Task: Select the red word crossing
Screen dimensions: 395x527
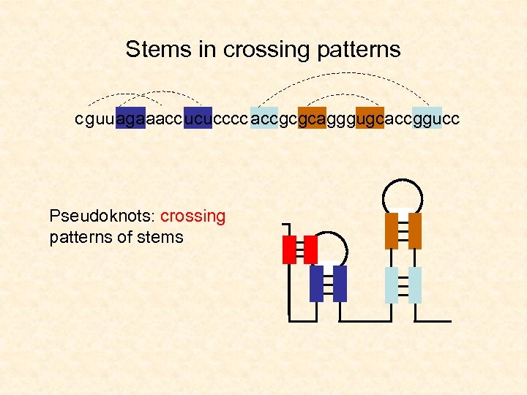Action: point(193,217)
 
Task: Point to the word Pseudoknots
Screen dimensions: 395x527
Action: point(102,217)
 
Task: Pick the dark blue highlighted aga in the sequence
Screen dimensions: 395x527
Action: point(130,118)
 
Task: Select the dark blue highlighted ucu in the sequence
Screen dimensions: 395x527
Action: point(198,118)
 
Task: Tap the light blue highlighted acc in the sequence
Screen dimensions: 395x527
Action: point(264,118)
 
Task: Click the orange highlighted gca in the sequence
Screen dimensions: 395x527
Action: point(313,118)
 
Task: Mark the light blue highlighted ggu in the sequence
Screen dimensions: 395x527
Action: point(427,118)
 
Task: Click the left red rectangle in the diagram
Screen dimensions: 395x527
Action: point(289,249)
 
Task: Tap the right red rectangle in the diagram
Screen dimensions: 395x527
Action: point(310,249)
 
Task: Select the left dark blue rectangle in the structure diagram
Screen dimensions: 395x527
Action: point(316,283)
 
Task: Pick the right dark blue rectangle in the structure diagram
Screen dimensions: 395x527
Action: point(339,283)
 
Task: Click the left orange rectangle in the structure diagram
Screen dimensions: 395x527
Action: point(392,230)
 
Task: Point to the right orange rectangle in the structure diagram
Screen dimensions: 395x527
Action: point(415,230)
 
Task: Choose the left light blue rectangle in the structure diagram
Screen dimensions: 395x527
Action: point(392,285)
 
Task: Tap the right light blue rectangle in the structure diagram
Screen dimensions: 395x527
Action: point(415,285)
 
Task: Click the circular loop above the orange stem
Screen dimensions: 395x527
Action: point(403,193)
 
